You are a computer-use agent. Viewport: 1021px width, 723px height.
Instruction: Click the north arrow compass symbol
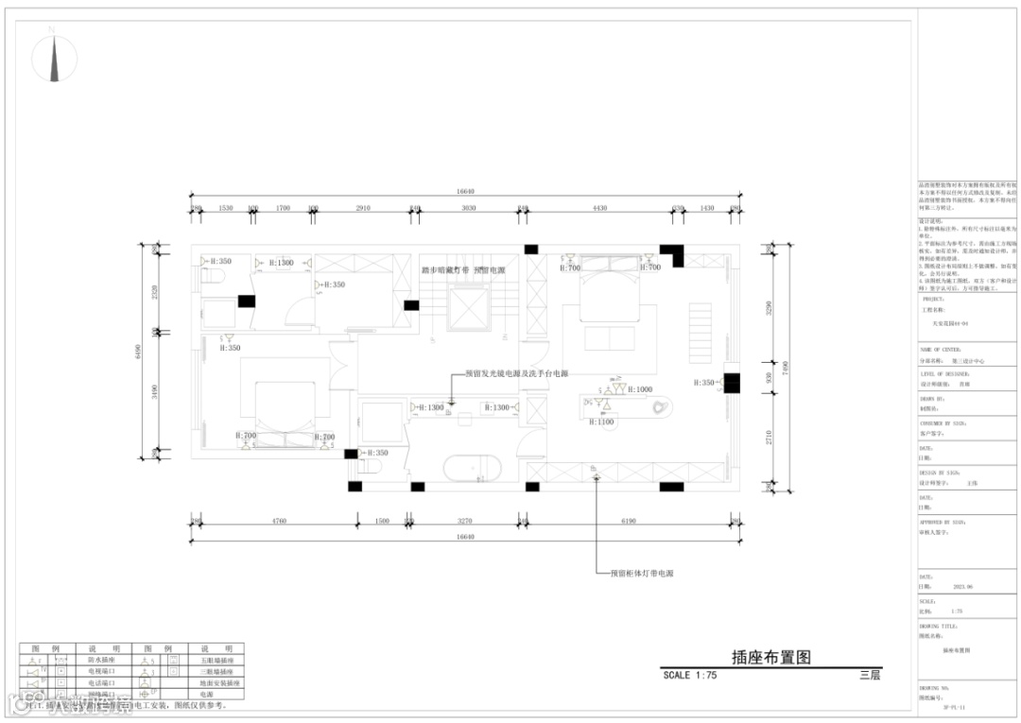click(x=54, y=59)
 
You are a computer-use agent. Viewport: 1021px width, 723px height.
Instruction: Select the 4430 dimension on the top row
click(x=599, y=208)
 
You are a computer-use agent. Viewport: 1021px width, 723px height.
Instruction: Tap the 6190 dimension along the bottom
click(x=629, y=521)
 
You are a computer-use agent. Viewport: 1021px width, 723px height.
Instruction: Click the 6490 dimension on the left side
click(x=139, y=352)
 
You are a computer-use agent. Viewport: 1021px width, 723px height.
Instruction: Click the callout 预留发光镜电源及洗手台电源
click(x=516, y=374)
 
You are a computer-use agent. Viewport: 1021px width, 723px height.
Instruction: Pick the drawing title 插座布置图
click(x=770, y=658)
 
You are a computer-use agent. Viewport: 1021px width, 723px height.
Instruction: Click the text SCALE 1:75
click(x=690, y=676)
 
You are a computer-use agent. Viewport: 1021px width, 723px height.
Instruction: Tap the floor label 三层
click(x=870, y=676)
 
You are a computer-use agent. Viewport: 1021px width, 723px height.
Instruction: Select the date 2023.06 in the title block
click(x=962, y=586)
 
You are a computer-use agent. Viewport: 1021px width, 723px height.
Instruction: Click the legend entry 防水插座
click(x=102, y=660)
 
